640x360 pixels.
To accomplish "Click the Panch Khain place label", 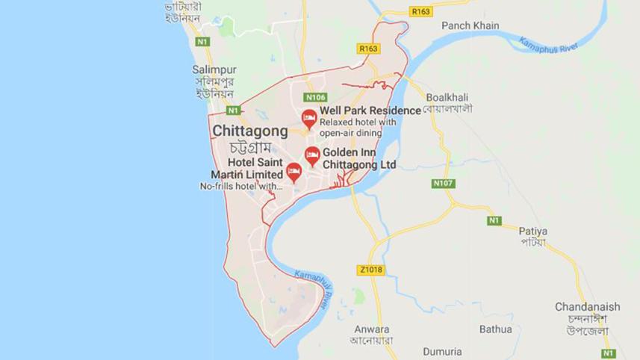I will [x=470, y=25].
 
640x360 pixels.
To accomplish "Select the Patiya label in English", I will [x=534, y=231].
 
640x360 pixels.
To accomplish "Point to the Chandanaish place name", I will [x=587, y=307].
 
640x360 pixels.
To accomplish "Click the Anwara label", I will [x=372, y=329].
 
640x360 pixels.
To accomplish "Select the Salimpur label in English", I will [x=214, y=69].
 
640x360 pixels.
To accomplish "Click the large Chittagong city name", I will [x=250, y=131].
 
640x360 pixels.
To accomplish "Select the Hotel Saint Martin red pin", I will [x=293, y=173].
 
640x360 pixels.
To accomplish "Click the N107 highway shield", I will [x=443, y=183].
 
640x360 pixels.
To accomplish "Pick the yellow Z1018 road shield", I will [x=370, y=270].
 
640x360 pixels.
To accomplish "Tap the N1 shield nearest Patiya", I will [x=494, y=220].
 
